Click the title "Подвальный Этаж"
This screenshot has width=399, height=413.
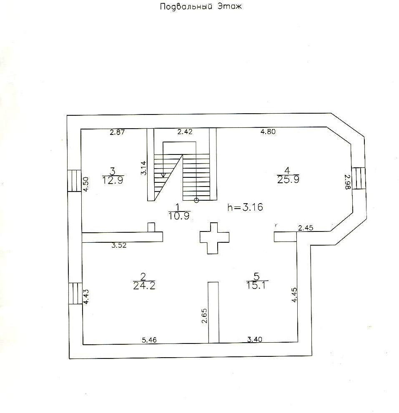tap(201, 7)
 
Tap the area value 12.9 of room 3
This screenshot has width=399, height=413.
tap(113, 180)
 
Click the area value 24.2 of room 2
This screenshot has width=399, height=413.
tap(144, 286)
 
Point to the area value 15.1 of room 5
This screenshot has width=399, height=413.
tap(257, 285)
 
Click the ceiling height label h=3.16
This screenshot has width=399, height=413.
tap(245, 207)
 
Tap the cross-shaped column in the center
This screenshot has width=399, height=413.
tap(214, 238)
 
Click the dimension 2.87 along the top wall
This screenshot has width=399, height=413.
tap(118, 132)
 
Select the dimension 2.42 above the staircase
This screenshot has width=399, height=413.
tap(185, 132)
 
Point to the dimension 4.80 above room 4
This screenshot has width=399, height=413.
tap(268, 132)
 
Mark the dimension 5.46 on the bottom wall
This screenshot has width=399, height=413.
tap(149, 340)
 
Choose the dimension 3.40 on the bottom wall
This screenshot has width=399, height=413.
tap(255, 340)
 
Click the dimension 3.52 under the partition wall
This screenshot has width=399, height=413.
tap(119, 245)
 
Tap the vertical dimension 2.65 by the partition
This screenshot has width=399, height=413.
tap(204, 316)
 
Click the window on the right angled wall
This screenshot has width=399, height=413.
tap(358, 179)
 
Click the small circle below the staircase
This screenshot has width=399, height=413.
tap(196, 200)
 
